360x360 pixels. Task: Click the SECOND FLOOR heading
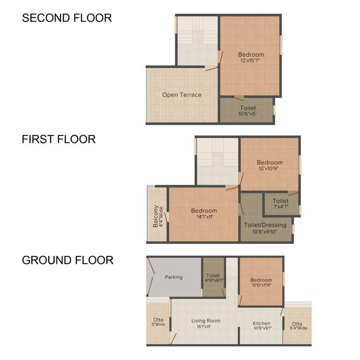[x=67, y=18]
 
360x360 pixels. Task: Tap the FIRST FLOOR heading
[x=59, y=139]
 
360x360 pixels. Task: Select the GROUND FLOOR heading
[x=67, y=260]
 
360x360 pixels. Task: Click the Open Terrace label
[x=182, y=95]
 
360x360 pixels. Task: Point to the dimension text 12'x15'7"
[x=251, y=61]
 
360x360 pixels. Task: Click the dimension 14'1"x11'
[x=204, y=217]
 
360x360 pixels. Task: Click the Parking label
[x=173, y=277]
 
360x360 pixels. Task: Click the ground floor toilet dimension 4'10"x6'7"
[x=214, y=280]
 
